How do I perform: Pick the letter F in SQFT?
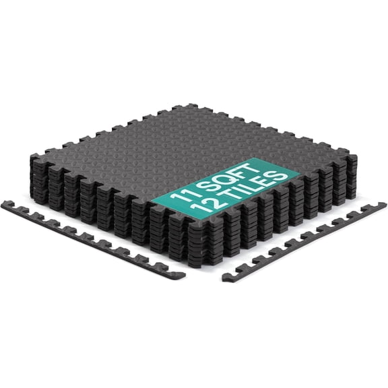237,172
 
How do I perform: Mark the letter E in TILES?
269,182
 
